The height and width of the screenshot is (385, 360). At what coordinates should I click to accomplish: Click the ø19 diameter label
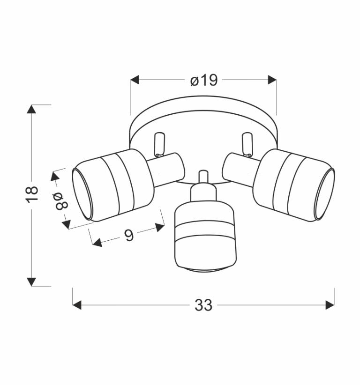(x=204, y=80)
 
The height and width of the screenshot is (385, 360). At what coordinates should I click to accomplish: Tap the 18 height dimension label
(x=32, y=194)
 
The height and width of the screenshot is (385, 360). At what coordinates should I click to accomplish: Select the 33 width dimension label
(x=203, y=305)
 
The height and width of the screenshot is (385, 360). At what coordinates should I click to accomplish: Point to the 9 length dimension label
(x=129, y=235)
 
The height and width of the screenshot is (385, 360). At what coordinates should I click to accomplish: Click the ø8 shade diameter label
(x=61, y=201)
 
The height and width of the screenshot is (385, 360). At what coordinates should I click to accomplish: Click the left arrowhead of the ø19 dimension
(x=135, y=80)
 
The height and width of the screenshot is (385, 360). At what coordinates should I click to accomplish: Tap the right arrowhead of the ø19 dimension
(x=272, y=80)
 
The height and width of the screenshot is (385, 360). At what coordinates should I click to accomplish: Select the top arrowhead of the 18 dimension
(x=31, y=109)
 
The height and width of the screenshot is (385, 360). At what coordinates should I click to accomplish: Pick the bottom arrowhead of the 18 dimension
(x=31, y=282)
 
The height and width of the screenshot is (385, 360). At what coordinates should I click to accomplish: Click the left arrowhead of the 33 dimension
(x=77, y=305)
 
